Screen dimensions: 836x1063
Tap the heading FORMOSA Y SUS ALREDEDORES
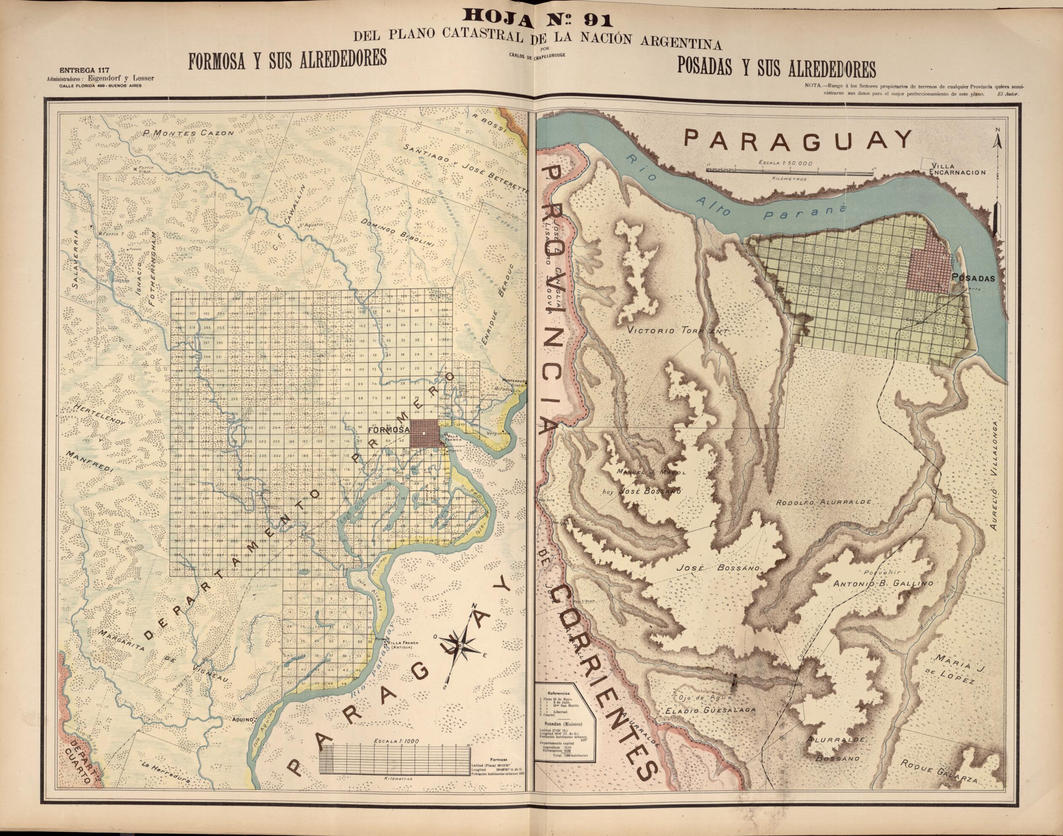287,59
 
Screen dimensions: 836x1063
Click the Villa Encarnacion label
957,169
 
